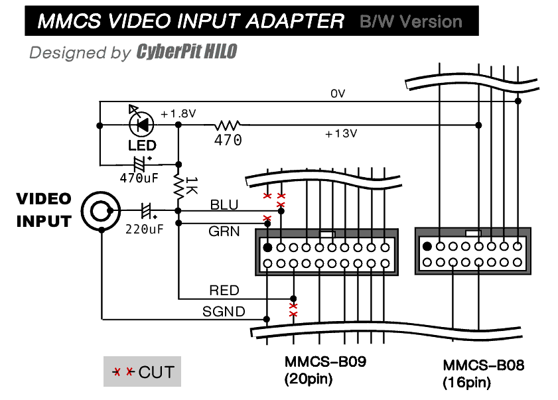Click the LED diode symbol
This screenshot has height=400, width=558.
(141, 124)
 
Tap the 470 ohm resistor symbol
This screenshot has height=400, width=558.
(228, 124)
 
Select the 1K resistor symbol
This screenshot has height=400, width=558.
(178, 186)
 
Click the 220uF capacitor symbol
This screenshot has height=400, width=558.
(148, 212)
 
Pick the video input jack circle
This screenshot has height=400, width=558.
(100, 212)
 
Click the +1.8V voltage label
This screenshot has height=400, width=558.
(178, 113)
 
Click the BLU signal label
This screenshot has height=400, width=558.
(224, 205)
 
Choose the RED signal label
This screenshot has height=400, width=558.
(224, 291)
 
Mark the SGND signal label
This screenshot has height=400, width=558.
(223, 311)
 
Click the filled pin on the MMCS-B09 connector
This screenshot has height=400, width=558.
(267, 247)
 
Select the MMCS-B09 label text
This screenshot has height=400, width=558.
(325, 362)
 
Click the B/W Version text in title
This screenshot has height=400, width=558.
(411, 21)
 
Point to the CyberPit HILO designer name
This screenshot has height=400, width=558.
(186, 52)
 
